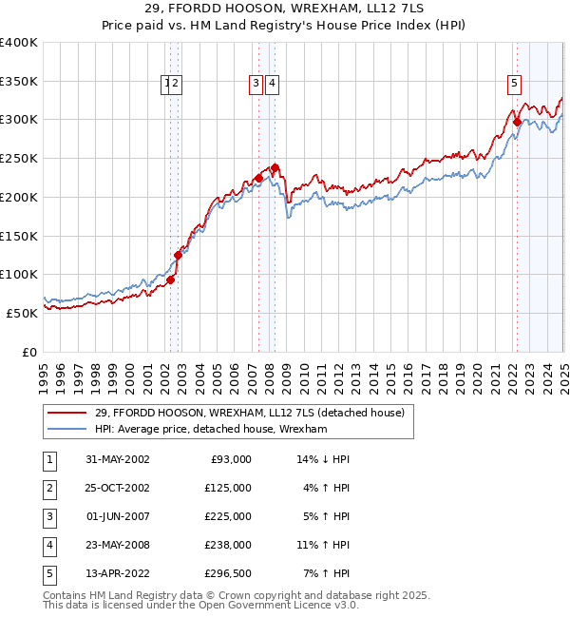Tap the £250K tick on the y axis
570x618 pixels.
point(19,158)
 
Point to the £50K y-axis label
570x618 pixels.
point(22,312)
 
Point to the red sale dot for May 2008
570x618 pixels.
point(275,167)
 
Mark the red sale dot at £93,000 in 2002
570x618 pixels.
point(171,280)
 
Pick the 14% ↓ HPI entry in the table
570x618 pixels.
point(324,459)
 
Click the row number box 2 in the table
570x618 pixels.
point(48,488)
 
